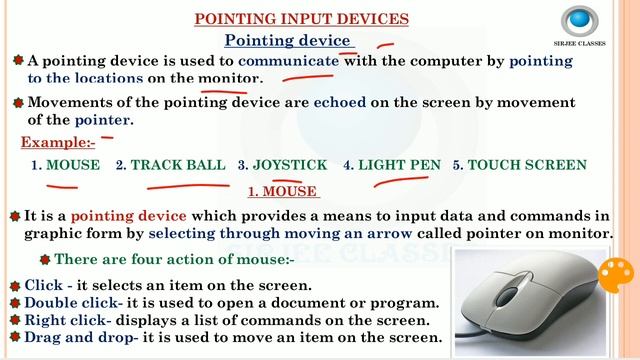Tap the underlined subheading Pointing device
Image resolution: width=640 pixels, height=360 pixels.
287,40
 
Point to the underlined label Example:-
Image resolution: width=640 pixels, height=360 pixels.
58,142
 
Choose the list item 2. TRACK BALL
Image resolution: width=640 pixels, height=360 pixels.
171,165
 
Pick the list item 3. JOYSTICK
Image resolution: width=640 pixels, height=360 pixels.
282,165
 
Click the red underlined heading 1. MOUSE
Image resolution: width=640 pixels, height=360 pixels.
282,191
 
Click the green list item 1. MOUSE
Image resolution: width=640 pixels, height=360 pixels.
66,165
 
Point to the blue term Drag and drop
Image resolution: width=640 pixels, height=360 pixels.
80,338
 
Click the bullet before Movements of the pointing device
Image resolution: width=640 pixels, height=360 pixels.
17,102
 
